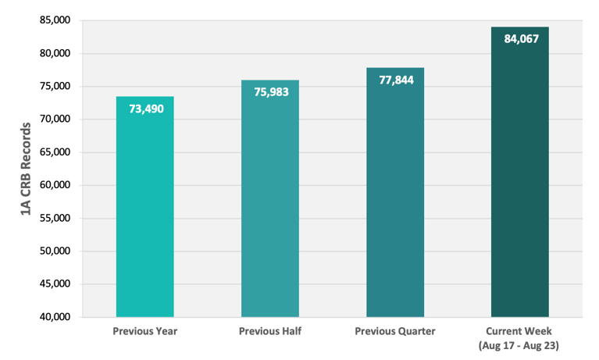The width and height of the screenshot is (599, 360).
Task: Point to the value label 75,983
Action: click(269, 92)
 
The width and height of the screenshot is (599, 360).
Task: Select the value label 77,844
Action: click(395, 80)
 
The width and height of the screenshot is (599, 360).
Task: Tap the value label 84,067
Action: click(521, 38)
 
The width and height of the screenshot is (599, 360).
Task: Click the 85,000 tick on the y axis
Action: click(55, 20)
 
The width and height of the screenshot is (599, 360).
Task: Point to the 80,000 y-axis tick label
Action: click(55, 54)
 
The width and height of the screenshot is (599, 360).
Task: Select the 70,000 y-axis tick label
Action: click(55, 119)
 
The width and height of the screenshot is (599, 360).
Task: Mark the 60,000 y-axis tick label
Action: click(55, 186)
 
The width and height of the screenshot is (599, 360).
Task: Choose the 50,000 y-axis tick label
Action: click(55, 251)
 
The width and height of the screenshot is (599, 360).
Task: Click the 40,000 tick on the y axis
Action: click(55, 317)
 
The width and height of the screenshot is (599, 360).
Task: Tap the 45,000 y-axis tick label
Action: click(55, 284)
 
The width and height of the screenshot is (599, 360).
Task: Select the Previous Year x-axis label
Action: click(144, 331)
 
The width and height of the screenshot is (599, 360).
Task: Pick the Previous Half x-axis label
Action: click(269, 331)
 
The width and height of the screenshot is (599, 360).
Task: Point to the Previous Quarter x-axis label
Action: click(395, 331)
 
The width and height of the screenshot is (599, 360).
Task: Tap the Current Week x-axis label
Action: click(520, 336)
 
